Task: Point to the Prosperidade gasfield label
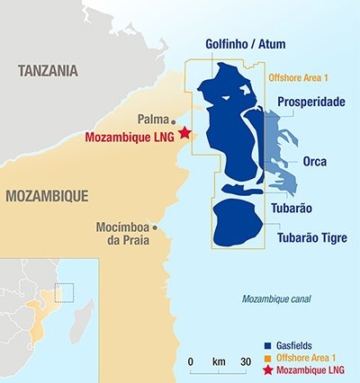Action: click(311, 102)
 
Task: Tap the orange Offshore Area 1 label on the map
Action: click(301, 78)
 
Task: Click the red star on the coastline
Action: click(185, 133)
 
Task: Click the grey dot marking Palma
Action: click(173, 119)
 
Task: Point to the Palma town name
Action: click(152, 119)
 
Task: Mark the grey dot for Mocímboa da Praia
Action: click(155, 227)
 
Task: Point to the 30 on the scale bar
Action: click(245, 361)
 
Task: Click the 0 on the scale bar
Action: click(191, 361)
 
